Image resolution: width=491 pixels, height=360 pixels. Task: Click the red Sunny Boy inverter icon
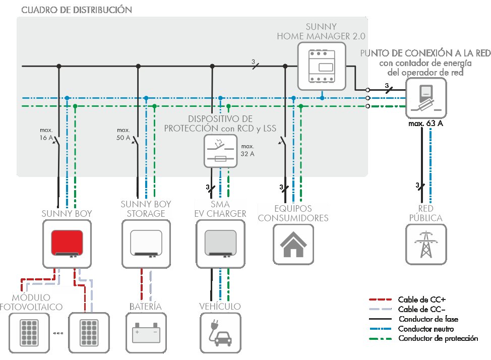tap(67, 245)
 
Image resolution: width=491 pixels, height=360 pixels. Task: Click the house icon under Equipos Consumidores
tap(293, 245)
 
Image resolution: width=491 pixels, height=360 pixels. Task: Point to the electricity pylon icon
tap(426, 245)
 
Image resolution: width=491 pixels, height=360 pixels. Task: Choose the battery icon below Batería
tap(146, 333)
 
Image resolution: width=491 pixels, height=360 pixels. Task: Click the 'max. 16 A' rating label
tap(46, 134)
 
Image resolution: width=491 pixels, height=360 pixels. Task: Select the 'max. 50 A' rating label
tap(123, 134)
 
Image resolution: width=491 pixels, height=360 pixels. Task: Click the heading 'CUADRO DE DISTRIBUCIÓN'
tap(70, 10)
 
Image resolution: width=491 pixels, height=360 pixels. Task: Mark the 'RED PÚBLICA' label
tap(425, 213)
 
